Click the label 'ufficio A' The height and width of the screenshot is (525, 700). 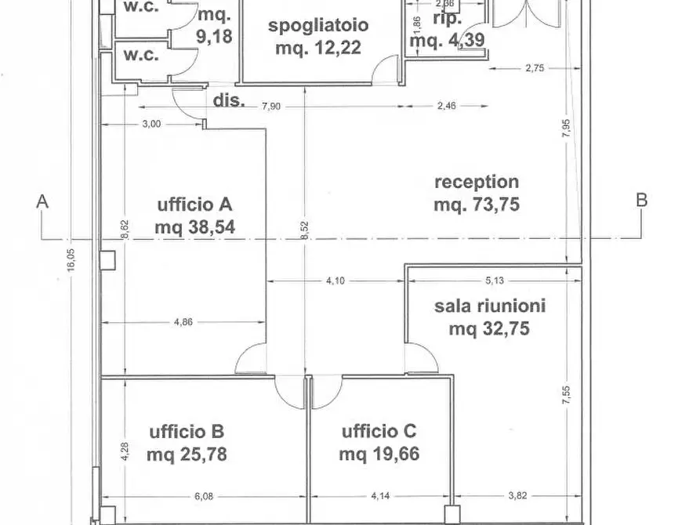(x=194, y=205)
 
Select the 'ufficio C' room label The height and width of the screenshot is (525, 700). (x=379, y=431)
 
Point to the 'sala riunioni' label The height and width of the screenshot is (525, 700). (x=490, y=306)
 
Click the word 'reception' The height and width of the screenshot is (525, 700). (x=476, y=182)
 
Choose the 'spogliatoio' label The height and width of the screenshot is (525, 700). (x=318, y=25)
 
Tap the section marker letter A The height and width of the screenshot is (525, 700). (x=42, y=201)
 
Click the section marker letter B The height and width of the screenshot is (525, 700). (x=641, y=200)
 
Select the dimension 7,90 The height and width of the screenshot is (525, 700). (x=270, y=107)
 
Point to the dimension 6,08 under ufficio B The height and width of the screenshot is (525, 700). (x=203, y=495)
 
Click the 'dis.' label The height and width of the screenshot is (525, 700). (x=229, y=100)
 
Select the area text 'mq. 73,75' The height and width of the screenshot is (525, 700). (x=477, y=205)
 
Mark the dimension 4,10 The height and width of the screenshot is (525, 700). (x=335, y=280)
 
